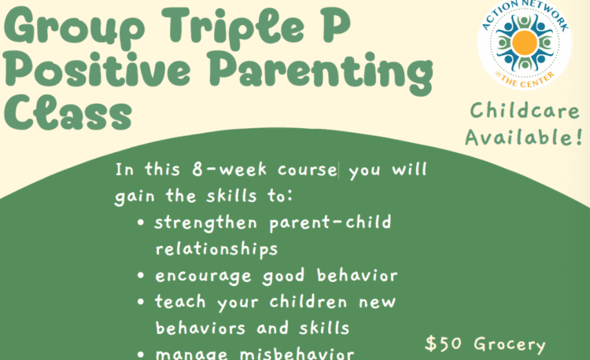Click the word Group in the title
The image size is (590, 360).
(x=75, y=27)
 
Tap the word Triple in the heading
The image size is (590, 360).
(x=234, y=27)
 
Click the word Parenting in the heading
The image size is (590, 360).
(x=321, y=72)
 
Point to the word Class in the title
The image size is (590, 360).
(x=68, y=112)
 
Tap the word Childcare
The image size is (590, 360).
(x=525, y=111)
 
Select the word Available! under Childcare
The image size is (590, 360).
(x=524, y=137)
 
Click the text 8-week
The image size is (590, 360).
(x=229, y=170)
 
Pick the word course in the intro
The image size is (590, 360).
(x=308, y=171)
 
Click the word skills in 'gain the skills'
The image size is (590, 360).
(x=231, y=196)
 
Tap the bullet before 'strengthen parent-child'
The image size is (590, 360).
(x=141, y=222)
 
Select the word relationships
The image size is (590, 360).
(x=217, y=249)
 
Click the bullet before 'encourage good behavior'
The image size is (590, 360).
(x=141, y=275)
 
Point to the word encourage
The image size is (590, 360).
(x=203, y=277)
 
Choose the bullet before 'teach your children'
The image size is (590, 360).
(x=141, y=302)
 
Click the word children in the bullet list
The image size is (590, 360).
(x=308, y=301)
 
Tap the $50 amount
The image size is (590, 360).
(x=443, y=343)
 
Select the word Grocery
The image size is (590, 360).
(x=510, y=344)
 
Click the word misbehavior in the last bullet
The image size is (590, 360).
(x=297, y=354)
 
